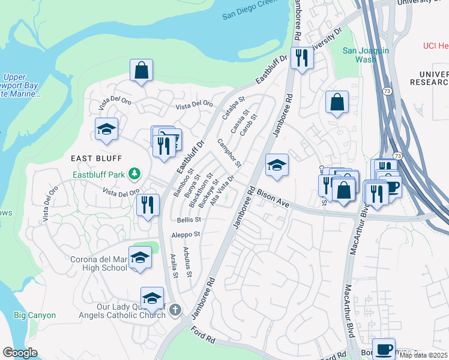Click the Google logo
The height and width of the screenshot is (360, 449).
tap(20, 353)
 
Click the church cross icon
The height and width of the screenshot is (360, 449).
tap(175, 310)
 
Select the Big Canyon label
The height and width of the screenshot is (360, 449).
tap(35, 315)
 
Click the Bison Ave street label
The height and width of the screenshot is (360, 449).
tap(273, 200)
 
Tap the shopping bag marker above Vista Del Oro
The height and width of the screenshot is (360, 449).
tap(141, 70)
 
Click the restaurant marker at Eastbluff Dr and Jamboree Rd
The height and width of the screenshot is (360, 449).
tap(302, 58)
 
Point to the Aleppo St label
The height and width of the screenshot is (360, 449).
tap(185, 235)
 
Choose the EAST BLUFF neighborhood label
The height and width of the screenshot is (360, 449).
tap(96, 158)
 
